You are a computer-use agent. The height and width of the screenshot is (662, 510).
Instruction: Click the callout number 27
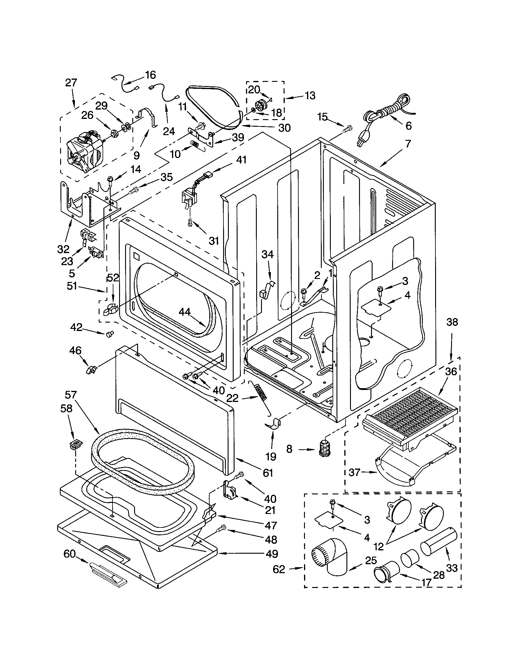coord(71,82)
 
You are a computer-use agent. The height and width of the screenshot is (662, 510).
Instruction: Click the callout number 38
coord(452,322)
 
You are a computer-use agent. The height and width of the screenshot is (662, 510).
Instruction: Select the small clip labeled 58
coord(74,445)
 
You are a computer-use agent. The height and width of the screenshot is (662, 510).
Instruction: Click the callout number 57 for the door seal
coord(71,395)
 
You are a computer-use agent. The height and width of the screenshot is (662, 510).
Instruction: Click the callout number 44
coord(184,312)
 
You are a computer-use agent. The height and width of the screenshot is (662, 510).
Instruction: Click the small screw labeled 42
coord(109,334)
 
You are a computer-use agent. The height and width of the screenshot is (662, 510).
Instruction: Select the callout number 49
coord(272,554)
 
